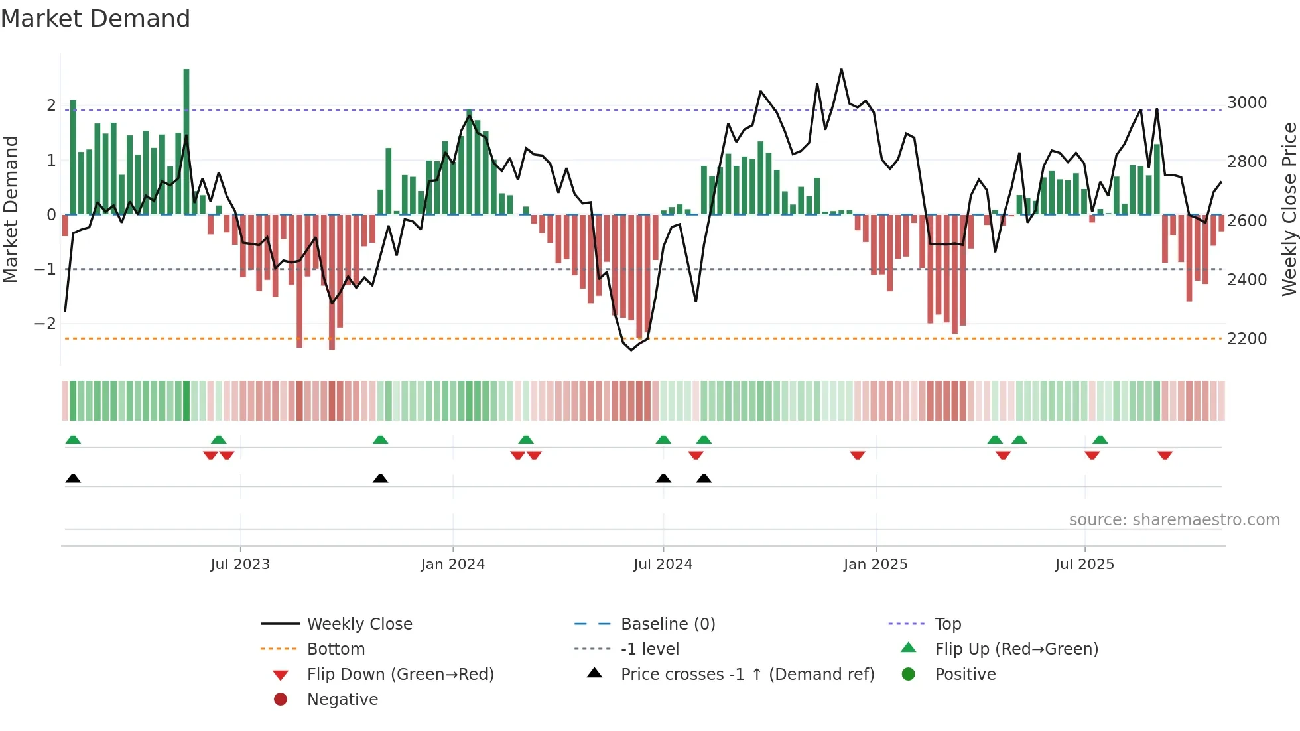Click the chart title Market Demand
click(x=96, y=19)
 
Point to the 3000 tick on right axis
click(x=1247, y=103)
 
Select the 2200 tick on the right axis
click(x=1247, y=339)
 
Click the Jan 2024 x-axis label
click(x=452, y=565)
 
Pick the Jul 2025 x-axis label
click(x=1084, y=565)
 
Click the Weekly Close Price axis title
click(x=1289, y=209)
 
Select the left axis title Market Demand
click(x=11, y=209)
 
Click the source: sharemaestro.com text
click(x=1174, y=520)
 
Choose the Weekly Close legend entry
click(x=359, y=624)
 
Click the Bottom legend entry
click(x=336, y=649)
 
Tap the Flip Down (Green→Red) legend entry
click(x=400, y=675)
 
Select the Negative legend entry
click(x=342, y=700)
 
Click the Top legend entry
click(x=947, y=624)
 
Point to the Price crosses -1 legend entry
click(x=747, y=675)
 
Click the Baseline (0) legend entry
click(x=667, y=624)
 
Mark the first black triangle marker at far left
click(x=73, y=478)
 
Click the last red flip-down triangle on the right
click(x=1165, y=455)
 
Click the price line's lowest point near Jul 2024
click(x=631, y=350)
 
